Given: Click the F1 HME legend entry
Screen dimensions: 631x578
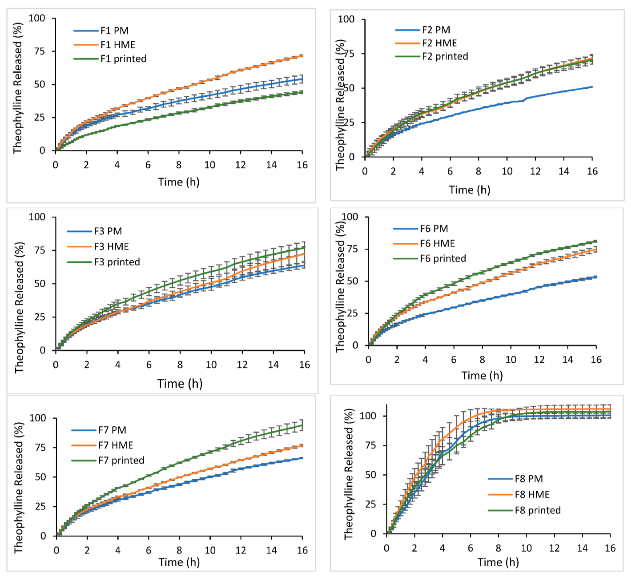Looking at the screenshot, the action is pyautogui.click(x=104, y=45).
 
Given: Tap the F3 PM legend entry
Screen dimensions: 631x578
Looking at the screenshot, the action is pyautogui.click(x=95, y=231).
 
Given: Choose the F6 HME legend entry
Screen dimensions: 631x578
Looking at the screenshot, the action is pyautogui.click(x=424, y=243).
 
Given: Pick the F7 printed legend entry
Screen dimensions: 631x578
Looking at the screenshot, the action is pyautogui.click(x=108, y=460).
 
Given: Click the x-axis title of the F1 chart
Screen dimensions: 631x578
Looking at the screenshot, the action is pyautogui.click(x=179, y=182).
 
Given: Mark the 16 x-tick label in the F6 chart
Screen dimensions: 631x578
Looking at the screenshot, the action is pyautogui.click(x=596, y=360).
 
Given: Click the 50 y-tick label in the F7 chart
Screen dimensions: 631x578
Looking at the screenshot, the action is pyautogui.click(x=41, y=477).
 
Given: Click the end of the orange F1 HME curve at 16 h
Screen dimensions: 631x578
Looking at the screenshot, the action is pyautogui.click(x=302, y=56).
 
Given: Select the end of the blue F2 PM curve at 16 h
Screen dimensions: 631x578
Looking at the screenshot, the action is pyautogui.click(x=592, y=87).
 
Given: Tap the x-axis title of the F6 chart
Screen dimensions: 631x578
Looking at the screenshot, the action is pyautogui.click(x=482, y=376).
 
